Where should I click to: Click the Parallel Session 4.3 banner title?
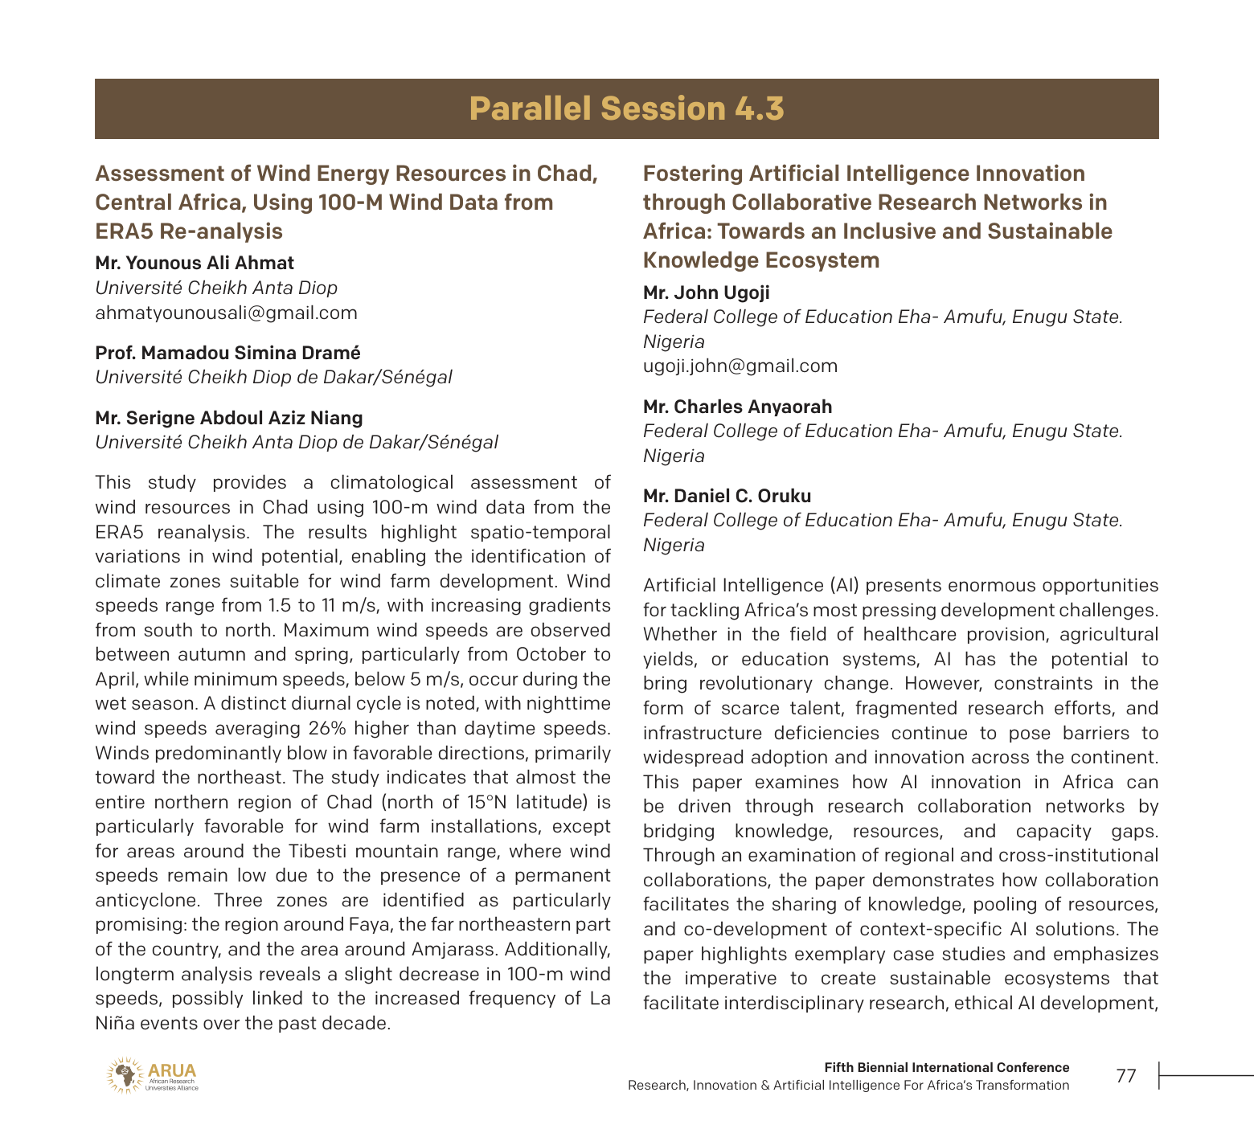(x=626, y=108)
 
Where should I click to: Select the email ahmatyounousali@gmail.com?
(x=226, y=313)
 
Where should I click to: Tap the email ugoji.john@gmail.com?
(x=740, y=366)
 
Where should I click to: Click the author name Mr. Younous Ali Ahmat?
(x=195, y=263)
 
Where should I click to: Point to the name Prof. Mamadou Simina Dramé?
(x=227, y=353)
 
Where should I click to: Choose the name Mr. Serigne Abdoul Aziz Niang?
(x=228, y=418)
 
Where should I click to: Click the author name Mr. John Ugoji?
(x=706, y=292)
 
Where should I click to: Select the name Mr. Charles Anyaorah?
(x=737, y=407)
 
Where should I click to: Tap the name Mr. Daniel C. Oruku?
(x=727, y=496)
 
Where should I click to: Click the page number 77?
(x=1126, y=1076)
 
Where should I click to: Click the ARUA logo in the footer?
(x=153, y=1075)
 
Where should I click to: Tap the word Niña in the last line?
(x=115, y=1023)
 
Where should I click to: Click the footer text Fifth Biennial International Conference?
(x=946, y=1067)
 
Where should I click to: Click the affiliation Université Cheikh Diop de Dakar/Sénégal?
(x=273, y=377)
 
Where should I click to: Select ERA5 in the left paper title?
(x=124, y=231)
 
